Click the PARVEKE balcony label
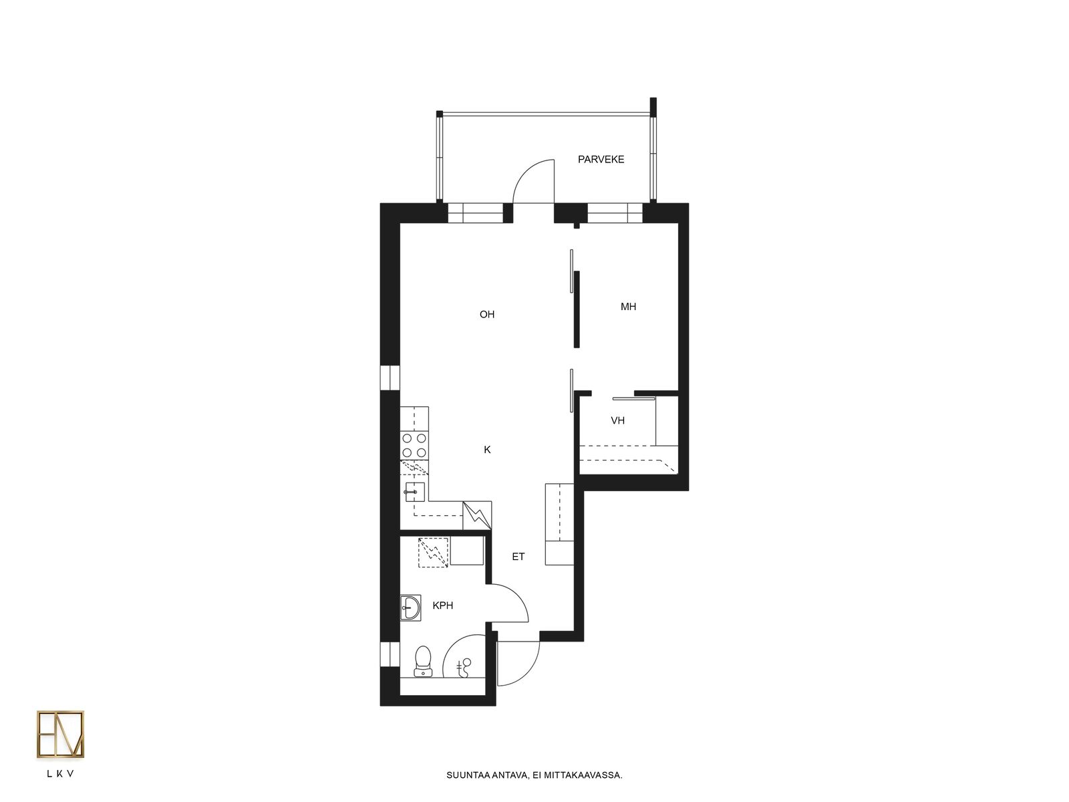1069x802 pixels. [x=601, y=159]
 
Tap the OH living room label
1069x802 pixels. [x=486, y=315]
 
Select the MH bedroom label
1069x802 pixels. [x=628, y=307]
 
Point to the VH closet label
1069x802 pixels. [x=617, y=420]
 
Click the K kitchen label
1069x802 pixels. [x=487, y=449]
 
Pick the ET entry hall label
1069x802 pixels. [x=518, y=556]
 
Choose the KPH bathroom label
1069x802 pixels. [x=443, y=606]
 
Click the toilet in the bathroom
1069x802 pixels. [x=422, y=661]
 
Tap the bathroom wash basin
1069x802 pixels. [x=410, y=608]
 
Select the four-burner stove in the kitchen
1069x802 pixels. [x=414, y=446]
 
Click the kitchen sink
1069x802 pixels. [x=414, y=492]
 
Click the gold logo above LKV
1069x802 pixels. [x=60, y=734]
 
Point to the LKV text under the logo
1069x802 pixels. [x=60, y=773]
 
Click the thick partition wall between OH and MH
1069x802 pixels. [x=577, y=309]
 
